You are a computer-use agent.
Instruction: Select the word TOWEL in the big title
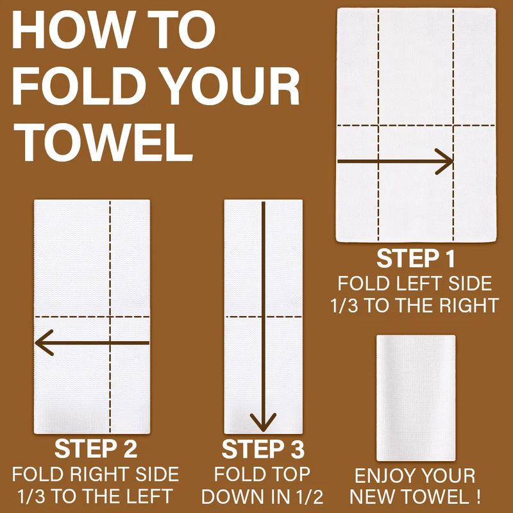103,142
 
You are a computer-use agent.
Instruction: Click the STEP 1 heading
416,258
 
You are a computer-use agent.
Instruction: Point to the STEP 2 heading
96,448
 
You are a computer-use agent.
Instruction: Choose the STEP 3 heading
263,450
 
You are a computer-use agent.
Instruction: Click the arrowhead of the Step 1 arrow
444,162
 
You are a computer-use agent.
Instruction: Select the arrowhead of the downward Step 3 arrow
263,422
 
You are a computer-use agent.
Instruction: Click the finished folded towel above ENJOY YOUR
416,398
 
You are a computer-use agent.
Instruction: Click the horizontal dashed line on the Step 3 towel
264,317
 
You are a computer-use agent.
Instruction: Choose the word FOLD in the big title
78,86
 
